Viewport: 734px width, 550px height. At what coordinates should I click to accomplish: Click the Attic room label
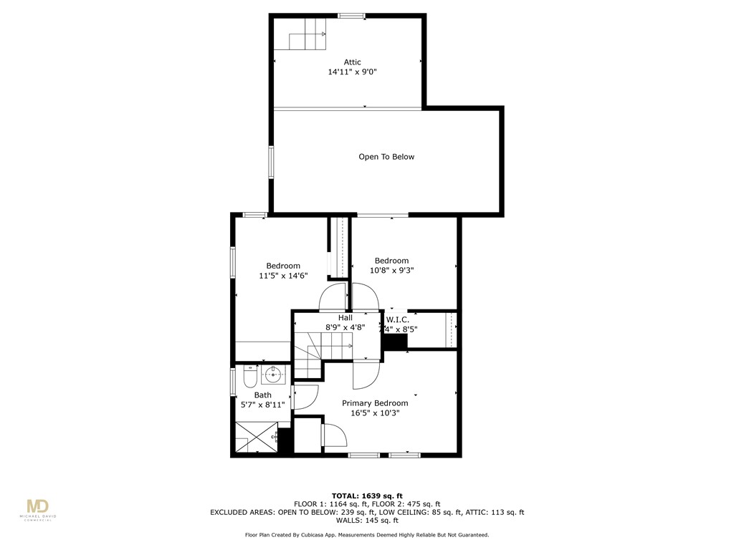pyautogui.click(x=351, y=62)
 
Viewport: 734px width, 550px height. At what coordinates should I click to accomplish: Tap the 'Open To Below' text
pyautogui.click(x=386, y=157)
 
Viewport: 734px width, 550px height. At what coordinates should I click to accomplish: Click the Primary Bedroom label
pyautogui.click(x=375, y=403)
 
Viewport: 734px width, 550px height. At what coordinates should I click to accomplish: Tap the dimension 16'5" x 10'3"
pyautogui.click(x=375, y=413)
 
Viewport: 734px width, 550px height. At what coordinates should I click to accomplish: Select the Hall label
pyautogui.click(x=345, y=317)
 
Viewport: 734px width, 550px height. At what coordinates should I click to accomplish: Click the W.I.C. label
pyautogui.click(x=398, y=319)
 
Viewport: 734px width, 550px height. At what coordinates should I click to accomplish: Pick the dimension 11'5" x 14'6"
pyautogui.click(x=283, y=276)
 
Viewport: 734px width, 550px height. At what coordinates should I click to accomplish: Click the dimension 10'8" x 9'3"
pyautogui.click(x=391, y=271)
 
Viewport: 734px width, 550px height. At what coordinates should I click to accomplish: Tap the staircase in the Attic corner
pyautogui.click(x=308, y=34)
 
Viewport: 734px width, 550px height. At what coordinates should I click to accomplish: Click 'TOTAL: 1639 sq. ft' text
pyautogui.click(x=367, y=496)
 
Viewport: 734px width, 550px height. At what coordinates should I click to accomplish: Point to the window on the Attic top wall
pyautogui.click(x=351, y=16)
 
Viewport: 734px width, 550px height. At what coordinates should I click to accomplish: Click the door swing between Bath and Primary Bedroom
pyautogui.click(x=306, y=397)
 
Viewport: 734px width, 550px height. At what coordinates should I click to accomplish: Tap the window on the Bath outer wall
pyautogui.click(x=232, y=380)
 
